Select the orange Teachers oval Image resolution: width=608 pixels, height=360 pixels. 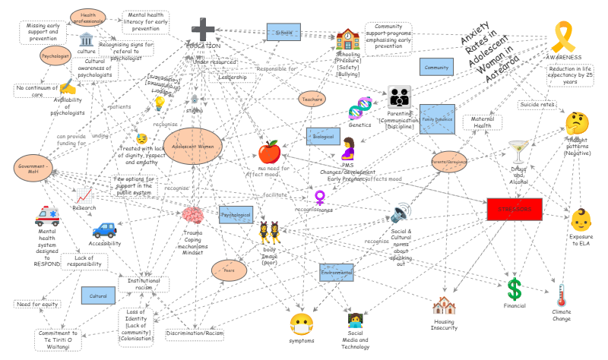coord(312,99)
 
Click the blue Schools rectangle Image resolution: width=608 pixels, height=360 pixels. coord(284,33)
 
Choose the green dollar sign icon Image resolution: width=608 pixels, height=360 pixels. coord(515,289)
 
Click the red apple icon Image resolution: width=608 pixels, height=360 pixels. coord(269,150)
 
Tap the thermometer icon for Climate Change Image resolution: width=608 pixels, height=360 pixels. coord(562,295)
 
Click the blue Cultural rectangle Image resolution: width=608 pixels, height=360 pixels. coord(99,295)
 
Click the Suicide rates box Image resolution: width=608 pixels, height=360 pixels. coord(537,104)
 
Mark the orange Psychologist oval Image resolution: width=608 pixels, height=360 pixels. coord(56,55)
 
